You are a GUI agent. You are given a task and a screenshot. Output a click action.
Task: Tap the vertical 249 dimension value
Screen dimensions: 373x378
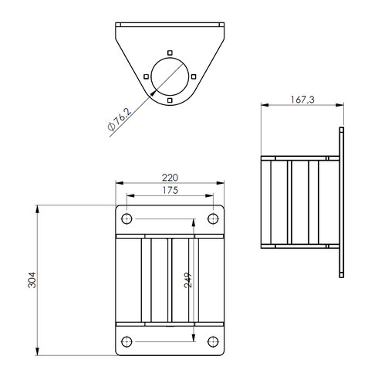point(187,279)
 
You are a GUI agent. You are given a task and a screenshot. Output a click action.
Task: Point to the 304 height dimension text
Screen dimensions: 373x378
point(31,280)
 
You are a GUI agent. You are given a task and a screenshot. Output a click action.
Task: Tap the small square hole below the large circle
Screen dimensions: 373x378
point(170,100)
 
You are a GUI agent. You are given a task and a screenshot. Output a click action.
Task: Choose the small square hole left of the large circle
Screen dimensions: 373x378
point(146,75)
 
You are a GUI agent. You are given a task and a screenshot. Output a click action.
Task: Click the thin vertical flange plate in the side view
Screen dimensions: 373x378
point(340,202)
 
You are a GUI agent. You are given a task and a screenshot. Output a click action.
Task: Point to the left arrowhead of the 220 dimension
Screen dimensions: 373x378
point(118,183)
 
